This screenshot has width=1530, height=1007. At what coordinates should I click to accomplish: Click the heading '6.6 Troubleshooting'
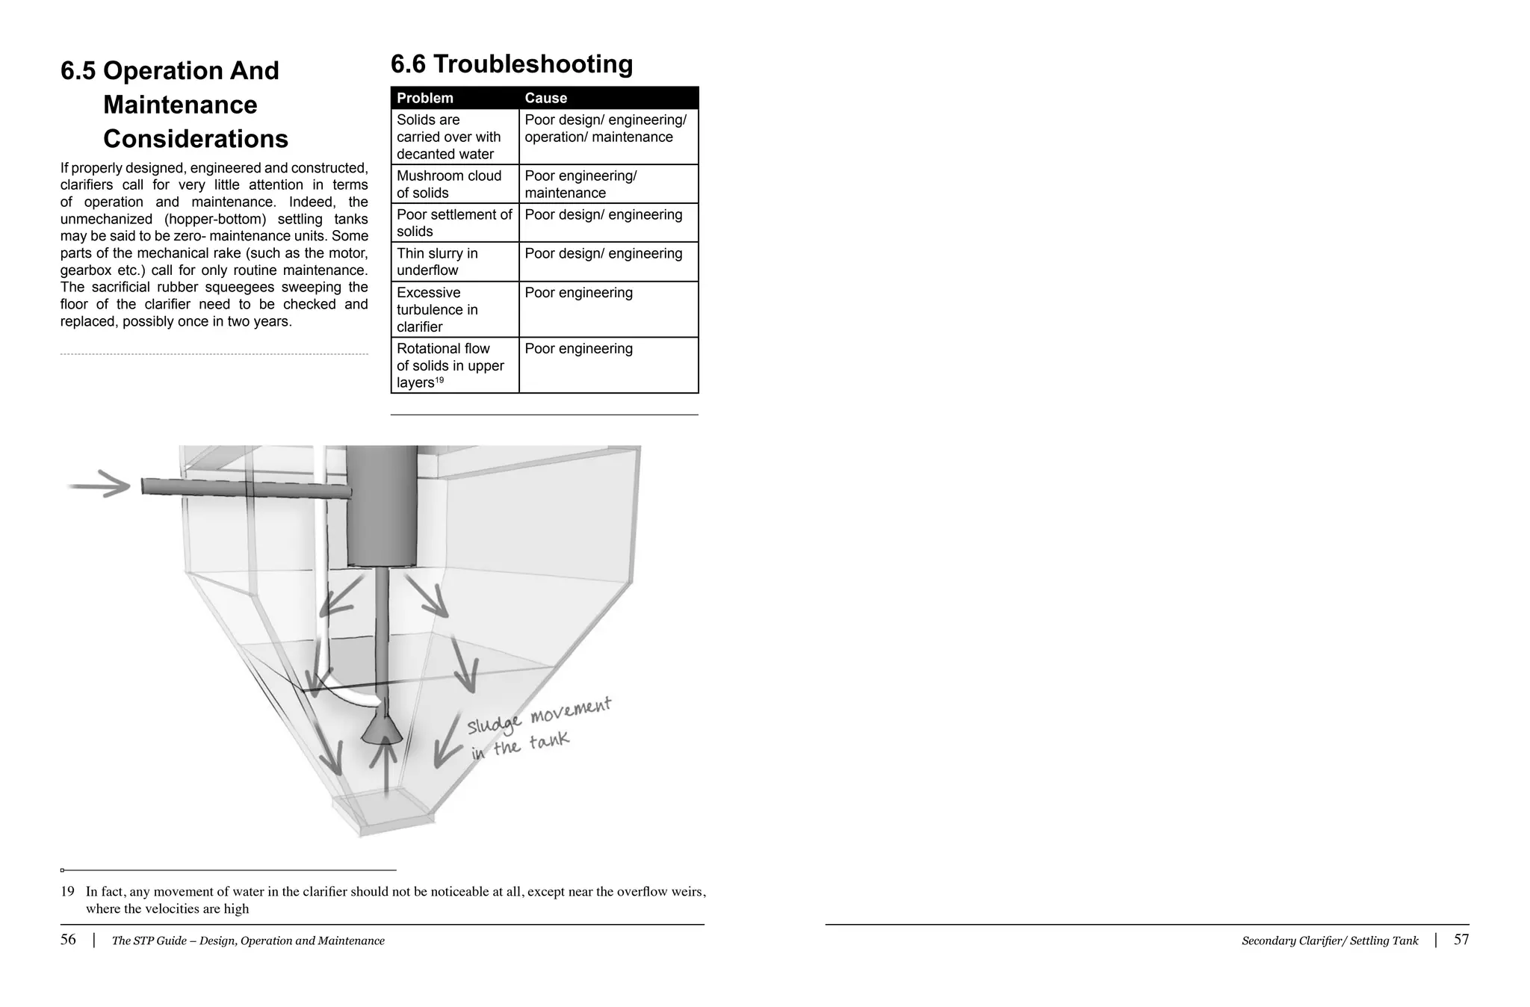click(x=512, y=64)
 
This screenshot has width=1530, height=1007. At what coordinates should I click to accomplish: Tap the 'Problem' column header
click(x=425, y=98)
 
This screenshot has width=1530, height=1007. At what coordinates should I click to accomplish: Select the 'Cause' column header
click(x=545, y=98)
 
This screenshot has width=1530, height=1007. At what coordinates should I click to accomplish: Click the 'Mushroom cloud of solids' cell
click(x=449, y=184)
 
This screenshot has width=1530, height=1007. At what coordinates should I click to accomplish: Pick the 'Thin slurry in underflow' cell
click(x=438, y=261)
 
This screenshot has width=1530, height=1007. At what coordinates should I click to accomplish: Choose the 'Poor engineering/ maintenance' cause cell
click(x=580, y=184)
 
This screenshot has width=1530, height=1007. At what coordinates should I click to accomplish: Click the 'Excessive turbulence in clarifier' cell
click(x=438, y=309)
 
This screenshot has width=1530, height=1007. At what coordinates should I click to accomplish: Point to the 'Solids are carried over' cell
click(x=448, y=137)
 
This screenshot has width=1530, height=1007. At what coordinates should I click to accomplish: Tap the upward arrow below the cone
click(x=385, y=766)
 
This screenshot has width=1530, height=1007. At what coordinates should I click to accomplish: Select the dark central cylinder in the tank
click(x=382, y=506)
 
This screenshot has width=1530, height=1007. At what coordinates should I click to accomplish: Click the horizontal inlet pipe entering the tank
click(x=247, y=489)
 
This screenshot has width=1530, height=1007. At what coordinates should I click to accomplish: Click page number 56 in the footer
click(x=68, y=940)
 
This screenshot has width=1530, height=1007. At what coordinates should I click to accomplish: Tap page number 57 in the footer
click(x=1461, y=940)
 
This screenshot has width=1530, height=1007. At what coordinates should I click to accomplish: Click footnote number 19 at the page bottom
click(x=68, y=891)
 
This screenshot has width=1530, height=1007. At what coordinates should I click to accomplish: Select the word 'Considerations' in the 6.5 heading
click(x=196, y=139)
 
